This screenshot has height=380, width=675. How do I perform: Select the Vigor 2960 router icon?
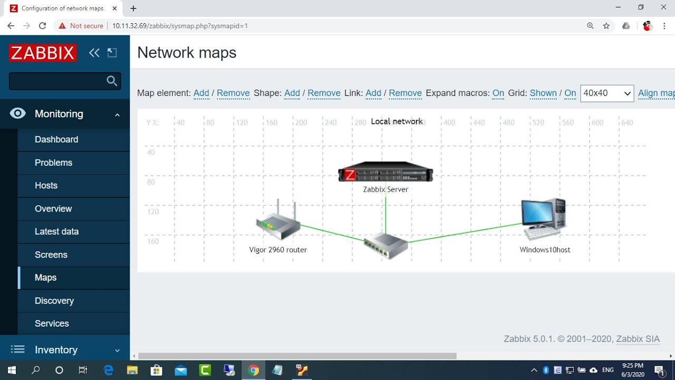(278, 222)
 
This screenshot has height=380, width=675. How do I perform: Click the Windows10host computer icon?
(544, 220)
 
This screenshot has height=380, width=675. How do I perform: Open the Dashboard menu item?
(56, 139)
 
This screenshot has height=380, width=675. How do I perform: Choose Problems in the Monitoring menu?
(53, 163)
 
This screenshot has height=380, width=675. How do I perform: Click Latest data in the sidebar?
(56, 231)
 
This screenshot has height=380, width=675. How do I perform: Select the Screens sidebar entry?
(51, 254)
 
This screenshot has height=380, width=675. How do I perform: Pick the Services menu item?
(52, 324)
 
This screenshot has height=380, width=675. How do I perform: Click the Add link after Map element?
(201, 93)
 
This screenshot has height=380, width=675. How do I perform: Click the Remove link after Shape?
(324, 93)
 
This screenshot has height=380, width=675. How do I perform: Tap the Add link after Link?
(373, 93)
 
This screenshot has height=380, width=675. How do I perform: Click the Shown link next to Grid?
(543, 93)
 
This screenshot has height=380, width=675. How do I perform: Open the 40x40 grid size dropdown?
(607, 93)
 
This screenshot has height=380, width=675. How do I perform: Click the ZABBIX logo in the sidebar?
(43, 53)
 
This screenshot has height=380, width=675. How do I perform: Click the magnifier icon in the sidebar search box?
(112, 81)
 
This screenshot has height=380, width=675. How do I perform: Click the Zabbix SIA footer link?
(638, 339)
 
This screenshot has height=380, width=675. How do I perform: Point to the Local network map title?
(397, 121)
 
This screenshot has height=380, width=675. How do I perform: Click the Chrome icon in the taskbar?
(254, 370)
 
